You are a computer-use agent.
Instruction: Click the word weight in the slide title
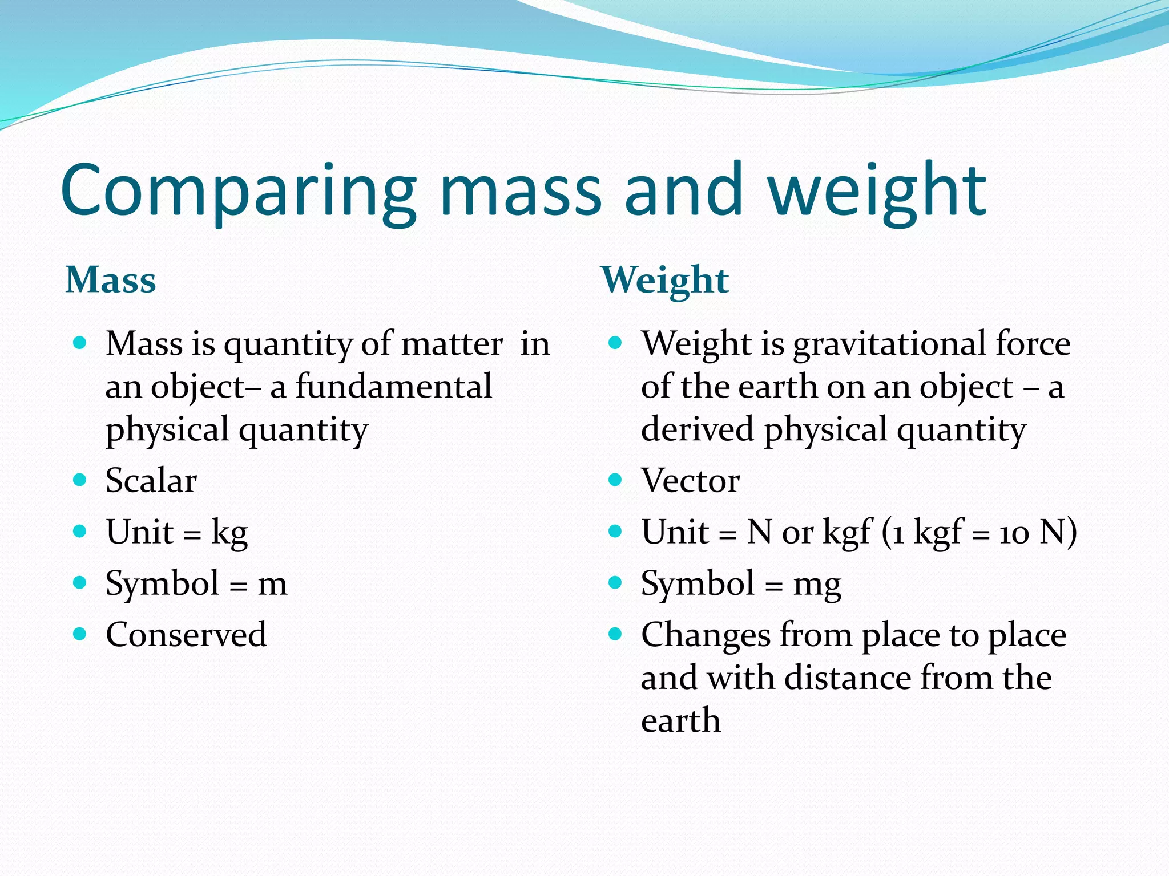(877, 191)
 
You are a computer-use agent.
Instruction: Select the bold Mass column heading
(111, 280)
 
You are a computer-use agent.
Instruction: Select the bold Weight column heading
(665, 280)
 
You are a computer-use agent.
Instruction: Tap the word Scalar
(151, 480)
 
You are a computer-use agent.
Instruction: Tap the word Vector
(691, 480)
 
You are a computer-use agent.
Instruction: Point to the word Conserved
(186, 634)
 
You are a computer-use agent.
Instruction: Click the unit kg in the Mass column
(229, 533)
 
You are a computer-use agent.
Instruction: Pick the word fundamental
(394, 387)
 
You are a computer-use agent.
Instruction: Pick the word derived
(697, 429)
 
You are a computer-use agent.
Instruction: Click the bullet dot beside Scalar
(80, 480)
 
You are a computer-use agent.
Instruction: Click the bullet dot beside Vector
(615, 480)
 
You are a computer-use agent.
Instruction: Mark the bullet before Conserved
(80, 634)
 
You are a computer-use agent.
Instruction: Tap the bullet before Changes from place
(615, 634)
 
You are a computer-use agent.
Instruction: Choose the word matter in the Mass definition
(452, 344)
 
